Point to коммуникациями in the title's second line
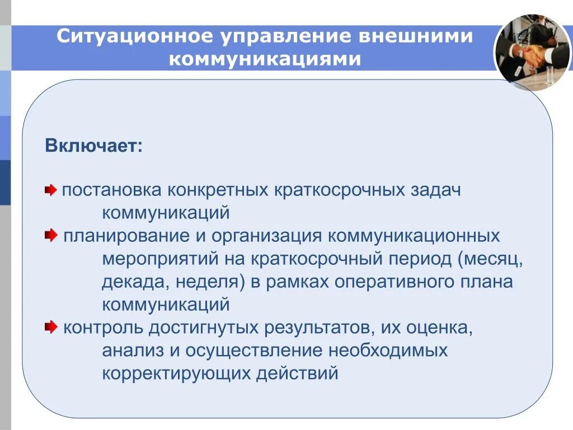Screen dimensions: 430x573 265,58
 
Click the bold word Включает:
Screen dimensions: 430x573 94,146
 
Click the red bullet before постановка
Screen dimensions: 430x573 51,190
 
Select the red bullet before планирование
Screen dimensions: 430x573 51,236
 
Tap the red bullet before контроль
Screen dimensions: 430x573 51,326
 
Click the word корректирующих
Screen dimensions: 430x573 176,372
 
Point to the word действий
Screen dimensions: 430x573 297,372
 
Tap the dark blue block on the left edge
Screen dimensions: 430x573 5,183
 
